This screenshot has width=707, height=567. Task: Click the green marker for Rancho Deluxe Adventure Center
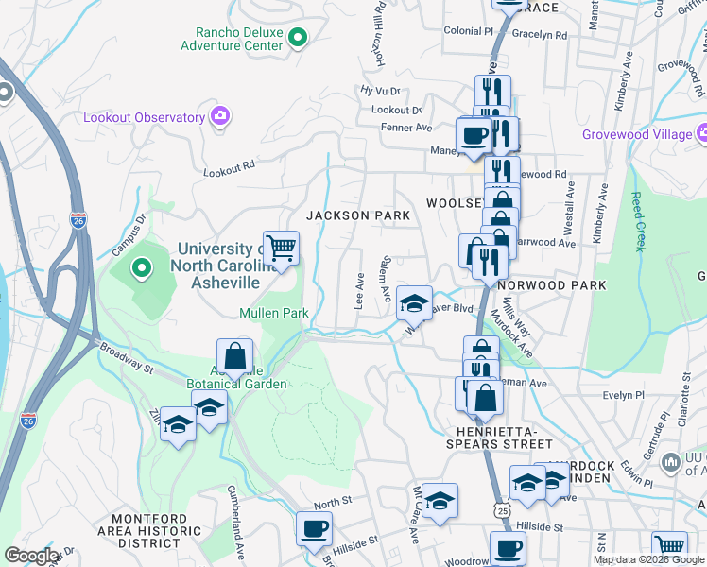(x=298, y=39)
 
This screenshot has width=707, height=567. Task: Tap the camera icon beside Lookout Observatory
(x=220, y=117)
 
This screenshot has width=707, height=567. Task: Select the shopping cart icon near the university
(x=282, y=249)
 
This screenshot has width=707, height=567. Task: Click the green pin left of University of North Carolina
(x=142, y=269)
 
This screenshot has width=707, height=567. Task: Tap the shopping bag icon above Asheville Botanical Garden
(x=235, y=356)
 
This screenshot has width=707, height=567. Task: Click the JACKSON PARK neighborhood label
(x=358, y=215)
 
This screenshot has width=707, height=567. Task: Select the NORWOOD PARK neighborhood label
(x=551, y=284)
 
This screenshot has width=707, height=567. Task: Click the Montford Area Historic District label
(x=156, y=531)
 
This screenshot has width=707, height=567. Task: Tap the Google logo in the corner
(x=30, y=556)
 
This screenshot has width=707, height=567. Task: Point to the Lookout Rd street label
(x=230, y=166)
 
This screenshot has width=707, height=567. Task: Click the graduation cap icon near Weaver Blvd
(x=414, y=303)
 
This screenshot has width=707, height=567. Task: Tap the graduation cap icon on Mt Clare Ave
(x=440, y=502)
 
